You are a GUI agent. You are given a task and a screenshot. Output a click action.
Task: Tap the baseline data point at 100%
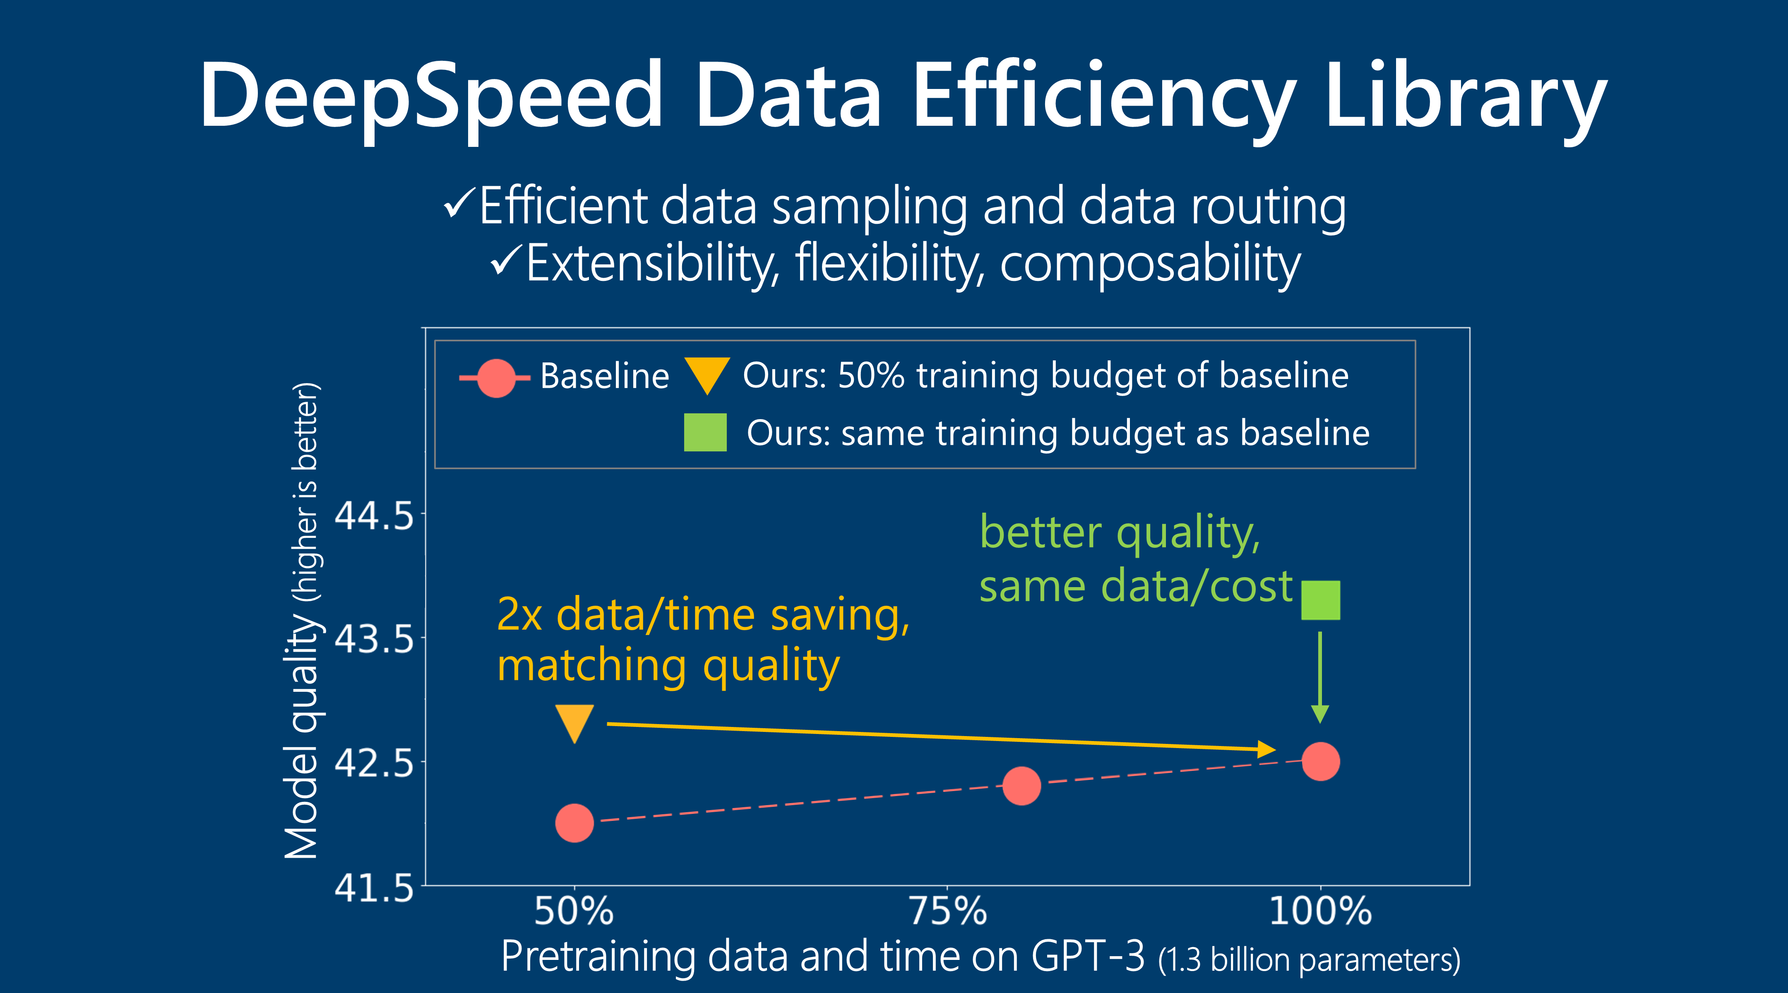click(1320, 761)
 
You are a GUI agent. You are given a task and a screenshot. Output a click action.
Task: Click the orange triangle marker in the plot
click(575, 720)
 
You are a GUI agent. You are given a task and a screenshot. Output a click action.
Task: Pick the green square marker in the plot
click(1320, 600)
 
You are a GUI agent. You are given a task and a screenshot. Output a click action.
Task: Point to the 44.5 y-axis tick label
click(373, 516)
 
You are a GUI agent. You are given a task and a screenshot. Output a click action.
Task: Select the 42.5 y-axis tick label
click(373, 763)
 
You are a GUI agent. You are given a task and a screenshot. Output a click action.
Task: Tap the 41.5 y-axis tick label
click(373, 887)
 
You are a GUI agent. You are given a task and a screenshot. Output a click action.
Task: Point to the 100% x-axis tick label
click(1320, 911)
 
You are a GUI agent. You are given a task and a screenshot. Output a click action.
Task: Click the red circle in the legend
click(495, 378)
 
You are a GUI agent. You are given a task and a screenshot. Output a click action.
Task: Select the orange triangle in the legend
click(707, 373)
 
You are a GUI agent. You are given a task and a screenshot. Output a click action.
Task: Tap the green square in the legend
click(705, 432)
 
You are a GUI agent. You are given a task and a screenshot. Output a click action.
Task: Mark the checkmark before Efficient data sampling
click(459, 205)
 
